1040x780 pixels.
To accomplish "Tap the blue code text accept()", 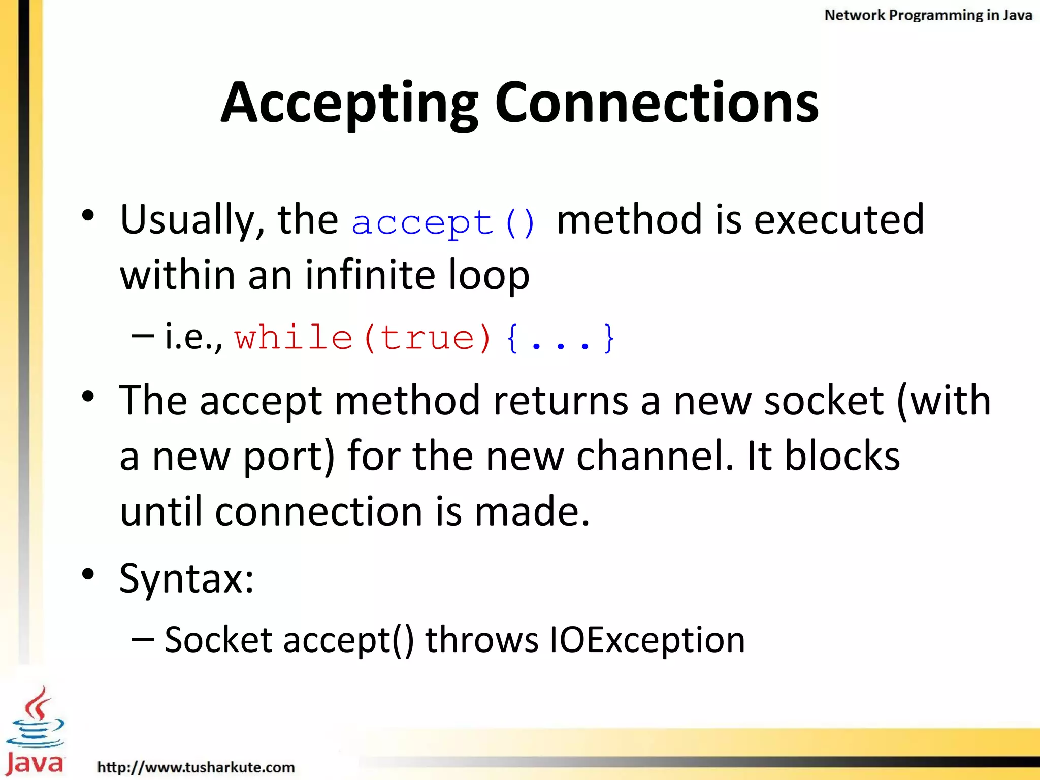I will click(443, 222).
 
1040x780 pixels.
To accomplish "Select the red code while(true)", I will click(363, 338).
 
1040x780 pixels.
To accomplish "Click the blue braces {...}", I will click(561, 338).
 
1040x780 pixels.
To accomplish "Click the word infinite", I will click(370, 275).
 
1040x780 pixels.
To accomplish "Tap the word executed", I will click(839, 219).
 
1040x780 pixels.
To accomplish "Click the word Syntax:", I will click(186, 579).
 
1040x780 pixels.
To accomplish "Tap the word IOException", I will click(647, 640).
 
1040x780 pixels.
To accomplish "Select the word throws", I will click(481, 640).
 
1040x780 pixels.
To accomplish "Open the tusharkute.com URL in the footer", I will click(196, 767).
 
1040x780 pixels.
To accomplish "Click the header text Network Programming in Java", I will click(928, 15).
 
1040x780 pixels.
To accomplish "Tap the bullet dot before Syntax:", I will click(88, 574).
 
